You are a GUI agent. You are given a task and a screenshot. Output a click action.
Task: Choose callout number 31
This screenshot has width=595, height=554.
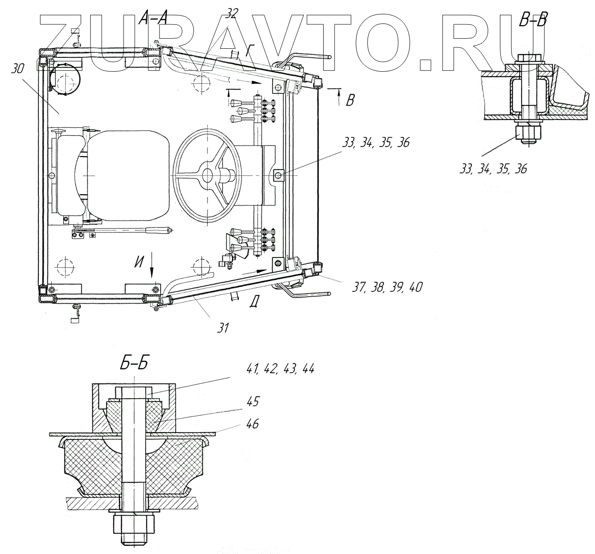click(222, 328)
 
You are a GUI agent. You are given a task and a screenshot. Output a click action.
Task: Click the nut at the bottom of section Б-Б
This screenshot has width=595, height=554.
click(134, 525)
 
